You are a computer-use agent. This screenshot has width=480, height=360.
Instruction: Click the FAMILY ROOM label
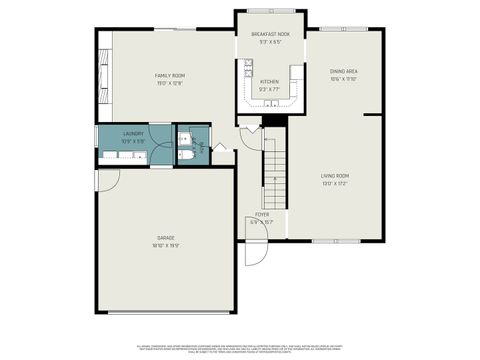(169, 76)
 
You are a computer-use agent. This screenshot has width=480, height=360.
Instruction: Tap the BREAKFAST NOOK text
(270, 34)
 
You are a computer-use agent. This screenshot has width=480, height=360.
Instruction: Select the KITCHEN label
(270, 81)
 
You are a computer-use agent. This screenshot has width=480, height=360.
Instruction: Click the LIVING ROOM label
(335, 176)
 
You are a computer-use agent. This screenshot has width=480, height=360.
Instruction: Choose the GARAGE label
(165, 237)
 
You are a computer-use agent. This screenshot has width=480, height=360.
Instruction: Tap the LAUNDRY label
(133, 133)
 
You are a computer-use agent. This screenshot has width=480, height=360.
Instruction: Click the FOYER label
(262, 214)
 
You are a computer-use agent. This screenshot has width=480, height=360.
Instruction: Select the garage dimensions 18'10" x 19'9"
(165, 245)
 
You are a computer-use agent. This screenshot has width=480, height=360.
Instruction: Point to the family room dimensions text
(169, 84)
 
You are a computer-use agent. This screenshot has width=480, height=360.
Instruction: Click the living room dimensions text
(335, 184)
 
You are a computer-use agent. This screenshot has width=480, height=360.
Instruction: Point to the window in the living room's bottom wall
(328, 240)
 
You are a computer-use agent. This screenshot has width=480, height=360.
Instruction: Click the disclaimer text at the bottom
(240, 343)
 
